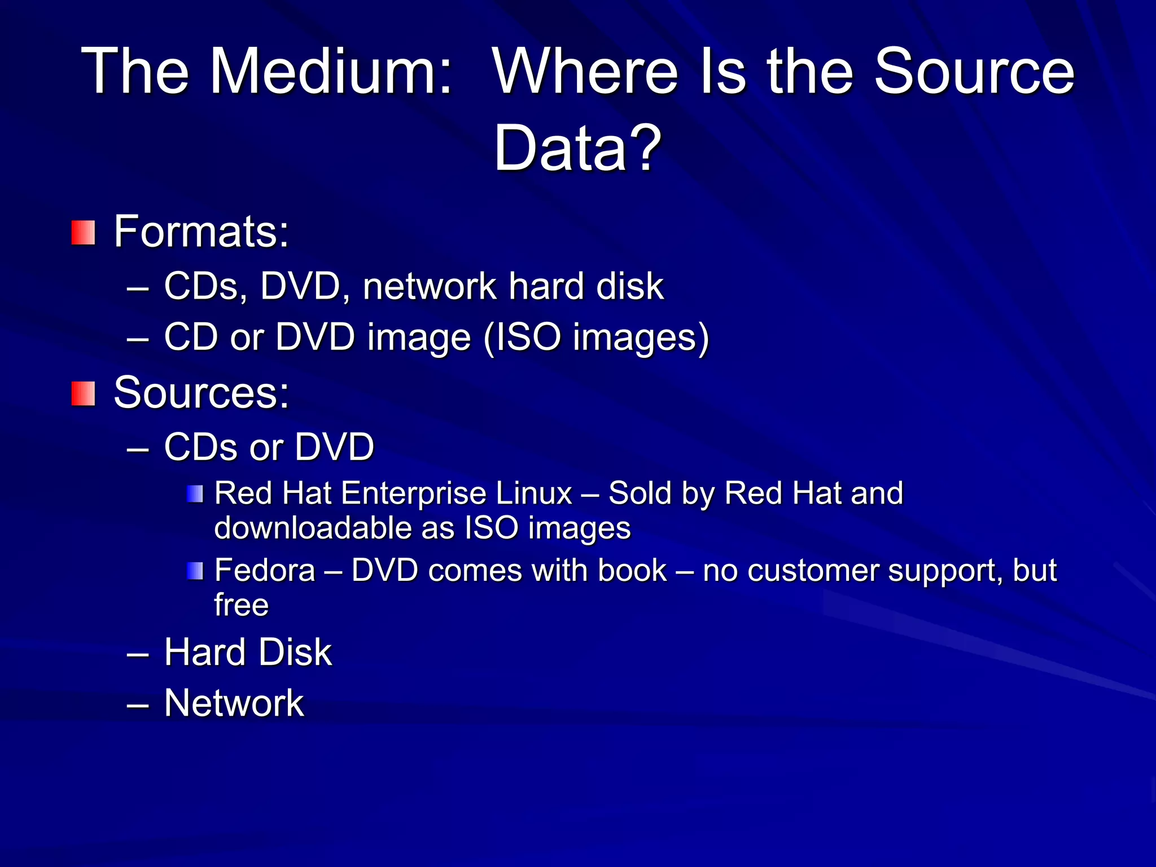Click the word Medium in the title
click(331, 72)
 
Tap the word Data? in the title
click(577, 148)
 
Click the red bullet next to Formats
click(83, 233)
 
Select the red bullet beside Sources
click(83, 393)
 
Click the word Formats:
click(202, 231)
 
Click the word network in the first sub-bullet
click(430, 286)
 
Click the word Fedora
click(265, 570)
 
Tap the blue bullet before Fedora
click(195, 571)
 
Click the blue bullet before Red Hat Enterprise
click(195, 494)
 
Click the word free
click(241, 605)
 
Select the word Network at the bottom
click(234, 703)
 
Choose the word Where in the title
click(585, 72)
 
